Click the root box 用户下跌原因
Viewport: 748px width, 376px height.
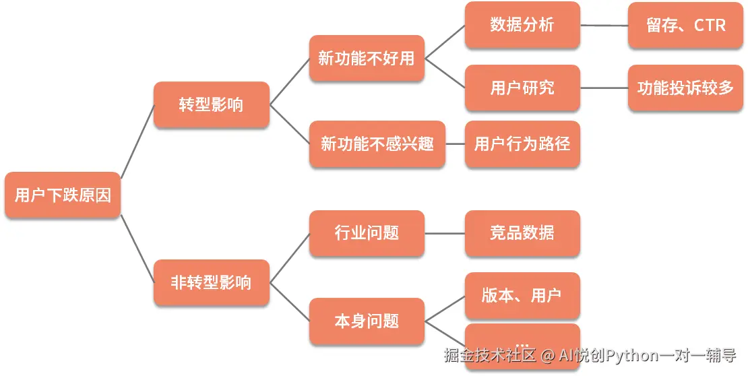pos(63,195)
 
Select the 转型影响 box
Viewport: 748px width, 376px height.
pos(211,105)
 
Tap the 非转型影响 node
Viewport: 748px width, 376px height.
pos(211,282)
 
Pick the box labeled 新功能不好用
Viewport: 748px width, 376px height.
pos(367,59)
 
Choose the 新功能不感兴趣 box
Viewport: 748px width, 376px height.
pos(377,144)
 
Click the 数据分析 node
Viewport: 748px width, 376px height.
pos(522,26)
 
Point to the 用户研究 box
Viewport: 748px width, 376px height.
pos(522,88)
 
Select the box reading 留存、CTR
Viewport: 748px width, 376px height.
pos(685,26)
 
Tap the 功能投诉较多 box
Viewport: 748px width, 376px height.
pos(685,88)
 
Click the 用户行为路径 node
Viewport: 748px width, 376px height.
pos(522,144)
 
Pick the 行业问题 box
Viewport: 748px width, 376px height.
pos(367,233)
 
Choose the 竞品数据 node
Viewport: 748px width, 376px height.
pos(522,233)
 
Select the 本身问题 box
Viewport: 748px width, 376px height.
pos(367,321)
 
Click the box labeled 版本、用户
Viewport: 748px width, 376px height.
pos(522,295)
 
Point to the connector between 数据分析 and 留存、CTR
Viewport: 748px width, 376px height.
pos(604,26)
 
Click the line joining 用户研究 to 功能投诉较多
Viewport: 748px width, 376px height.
pos(604,88)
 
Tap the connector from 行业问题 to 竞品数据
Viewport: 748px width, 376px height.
pos(445,233)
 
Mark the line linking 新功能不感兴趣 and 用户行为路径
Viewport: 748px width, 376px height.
pos(455,144)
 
